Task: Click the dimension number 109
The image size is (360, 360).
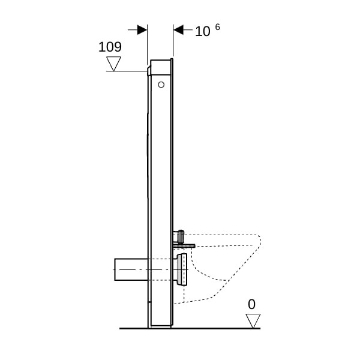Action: point(110,47)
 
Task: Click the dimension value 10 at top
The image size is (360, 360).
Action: point(203,31)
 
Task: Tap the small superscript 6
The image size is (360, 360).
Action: point(217,27)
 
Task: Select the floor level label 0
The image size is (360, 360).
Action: point(251,304)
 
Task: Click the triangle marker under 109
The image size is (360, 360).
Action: point(113,64)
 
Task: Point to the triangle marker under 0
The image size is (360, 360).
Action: point(253,321)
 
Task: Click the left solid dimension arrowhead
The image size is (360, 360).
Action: point(142,30)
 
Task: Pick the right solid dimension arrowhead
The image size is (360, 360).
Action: point(178,30)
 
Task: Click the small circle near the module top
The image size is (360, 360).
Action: point(161,85)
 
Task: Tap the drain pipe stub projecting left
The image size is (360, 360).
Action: point(131,269)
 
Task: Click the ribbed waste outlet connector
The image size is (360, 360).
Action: point(182,269)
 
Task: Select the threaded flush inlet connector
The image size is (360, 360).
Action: point(180,236)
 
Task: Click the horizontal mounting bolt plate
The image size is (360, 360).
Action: point(184,246)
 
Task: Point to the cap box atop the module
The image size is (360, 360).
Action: point(160,67)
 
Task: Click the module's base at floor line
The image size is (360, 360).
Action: point(160,326)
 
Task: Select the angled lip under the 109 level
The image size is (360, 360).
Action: point(149,70)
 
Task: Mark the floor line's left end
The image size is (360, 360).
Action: point(119,329)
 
